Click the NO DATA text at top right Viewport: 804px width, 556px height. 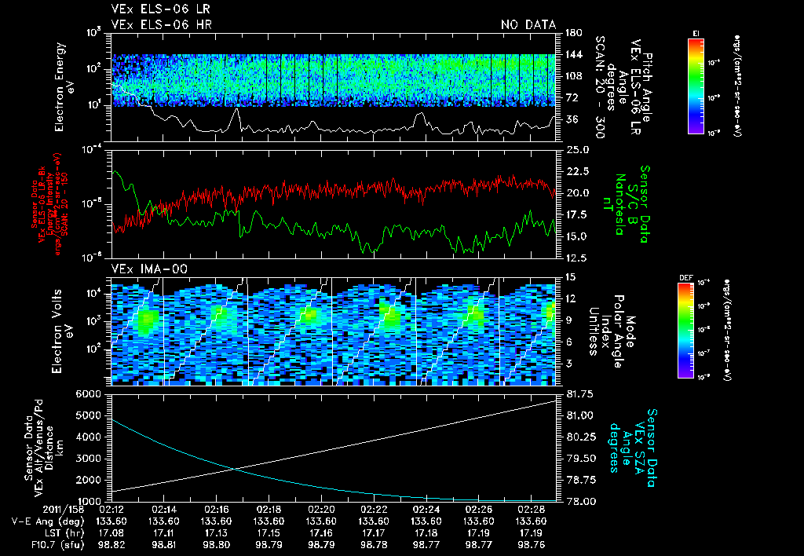(528, 25)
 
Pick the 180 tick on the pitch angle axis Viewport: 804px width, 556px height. (572, 32)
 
